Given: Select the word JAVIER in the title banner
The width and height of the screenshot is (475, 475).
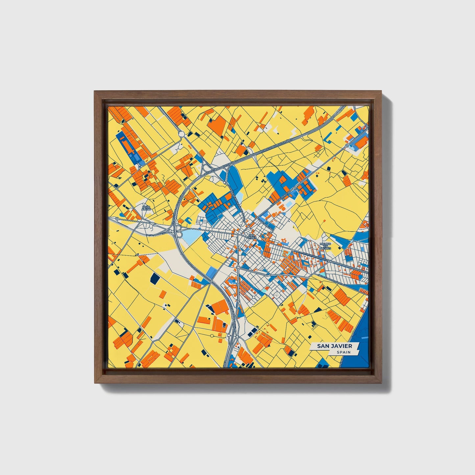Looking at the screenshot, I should (341, 346).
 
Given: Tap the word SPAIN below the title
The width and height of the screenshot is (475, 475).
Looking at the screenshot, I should (343, 352).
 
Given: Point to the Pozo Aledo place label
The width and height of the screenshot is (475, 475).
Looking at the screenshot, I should (146, 208).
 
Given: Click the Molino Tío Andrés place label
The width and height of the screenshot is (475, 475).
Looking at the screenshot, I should (325, 246).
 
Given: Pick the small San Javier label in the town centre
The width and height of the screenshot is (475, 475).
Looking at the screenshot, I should (252, 237).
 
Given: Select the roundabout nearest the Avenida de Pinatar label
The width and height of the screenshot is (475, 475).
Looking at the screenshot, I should (295, 188).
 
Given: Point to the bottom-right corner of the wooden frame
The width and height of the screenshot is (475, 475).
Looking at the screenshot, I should (382, 383).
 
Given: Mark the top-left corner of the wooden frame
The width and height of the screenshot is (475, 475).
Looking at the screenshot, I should (94, 91).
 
